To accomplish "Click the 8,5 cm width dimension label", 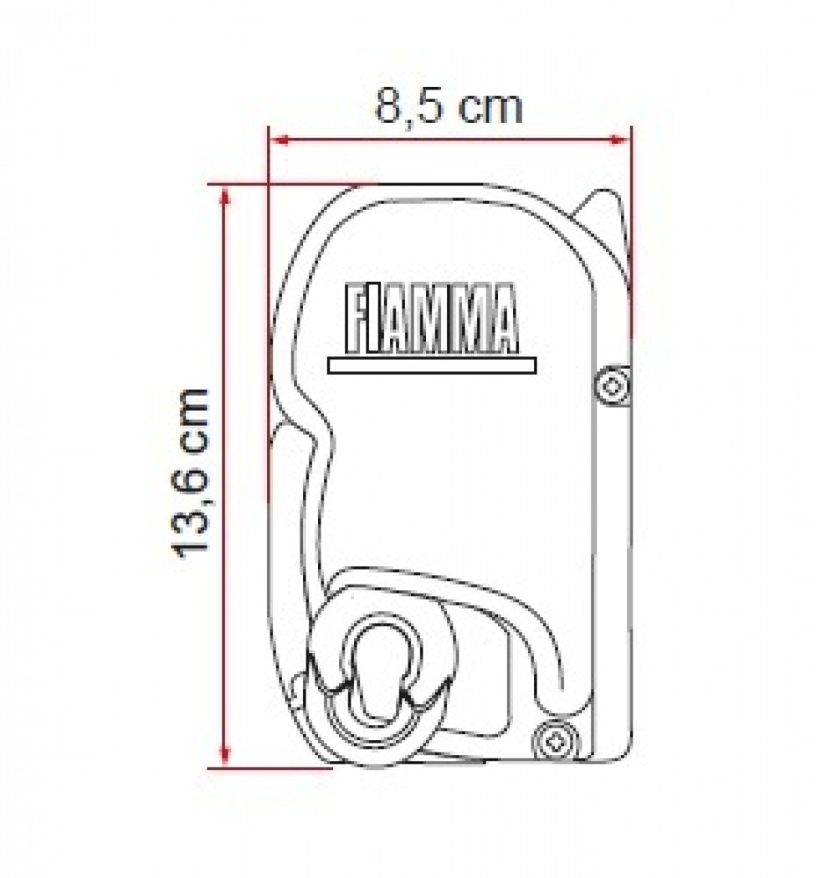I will (x=449, y=107).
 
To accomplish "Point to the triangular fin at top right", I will (x=604, y=211).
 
